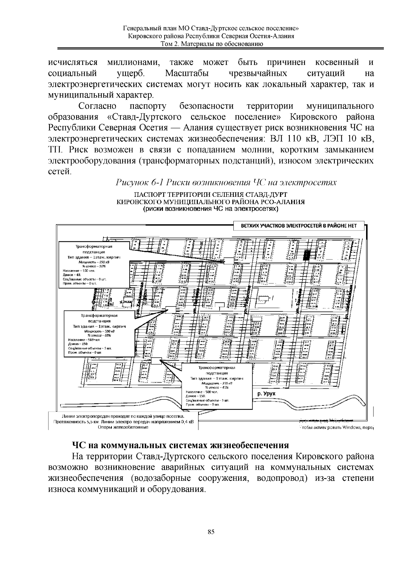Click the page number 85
tap(211, 532)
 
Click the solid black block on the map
tap(306, 255)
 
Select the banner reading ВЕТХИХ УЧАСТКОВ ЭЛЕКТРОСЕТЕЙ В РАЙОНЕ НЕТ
tap(299, 226)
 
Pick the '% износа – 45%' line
tap(217, 388)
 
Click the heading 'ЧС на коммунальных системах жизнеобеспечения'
tap(180, 445)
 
